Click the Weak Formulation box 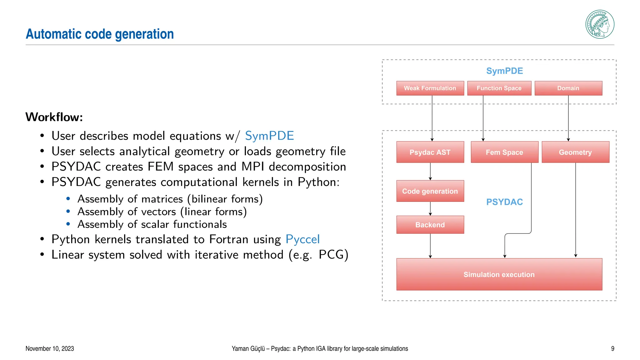coord(430,88)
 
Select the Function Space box coord(499,88)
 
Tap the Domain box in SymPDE coord(568,88)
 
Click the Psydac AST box coord(430,152)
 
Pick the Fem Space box coord(504,152)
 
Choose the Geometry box coord(575,152)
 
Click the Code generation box coord(430,191)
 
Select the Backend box coord(430,225)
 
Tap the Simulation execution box coord(499,274)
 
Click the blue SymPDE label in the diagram coord(504,71)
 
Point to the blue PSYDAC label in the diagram coord(504,202)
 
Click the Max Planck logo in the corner coord(600,24)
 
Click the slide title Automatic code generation coord(100,34)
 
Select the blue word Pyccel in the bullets coord(302,239)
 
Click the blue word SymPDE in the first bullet coord(269,136)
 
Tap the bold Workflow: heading coord(54,117)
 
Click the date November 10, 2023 coord(50,348)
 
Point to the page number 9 coord(612,348)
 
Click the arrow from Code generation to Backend coord(430,208)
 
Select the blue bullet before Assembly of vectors coord(68,212)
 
